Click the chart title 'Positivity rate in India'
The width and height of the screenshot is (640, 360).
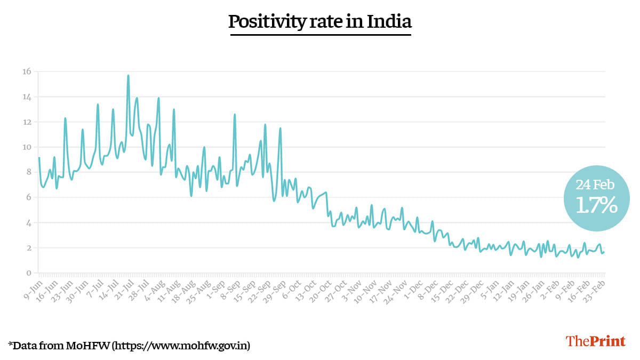(x=320, y=22)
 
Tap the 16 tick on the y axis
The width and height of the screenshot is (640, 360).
(x=26, y=71)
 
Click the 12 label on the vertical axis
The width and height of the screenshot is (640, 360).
(x=26, y=122)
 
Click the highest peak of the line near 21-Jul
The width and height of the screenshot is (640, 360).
(x=128, y=76)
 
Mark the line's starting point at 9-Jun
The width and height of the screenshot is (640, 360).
(x=39, y=158)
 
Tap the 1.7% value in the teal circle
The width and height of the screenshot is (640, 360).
(x=596, y=205)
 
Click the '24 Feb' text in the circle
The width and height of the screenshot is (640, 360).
(x=595, y=185)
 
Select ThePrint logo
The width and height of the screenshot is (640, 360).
(x=595, y=341)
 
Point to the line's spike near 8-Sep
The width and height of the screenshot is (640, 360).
(x=234, y=115)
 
